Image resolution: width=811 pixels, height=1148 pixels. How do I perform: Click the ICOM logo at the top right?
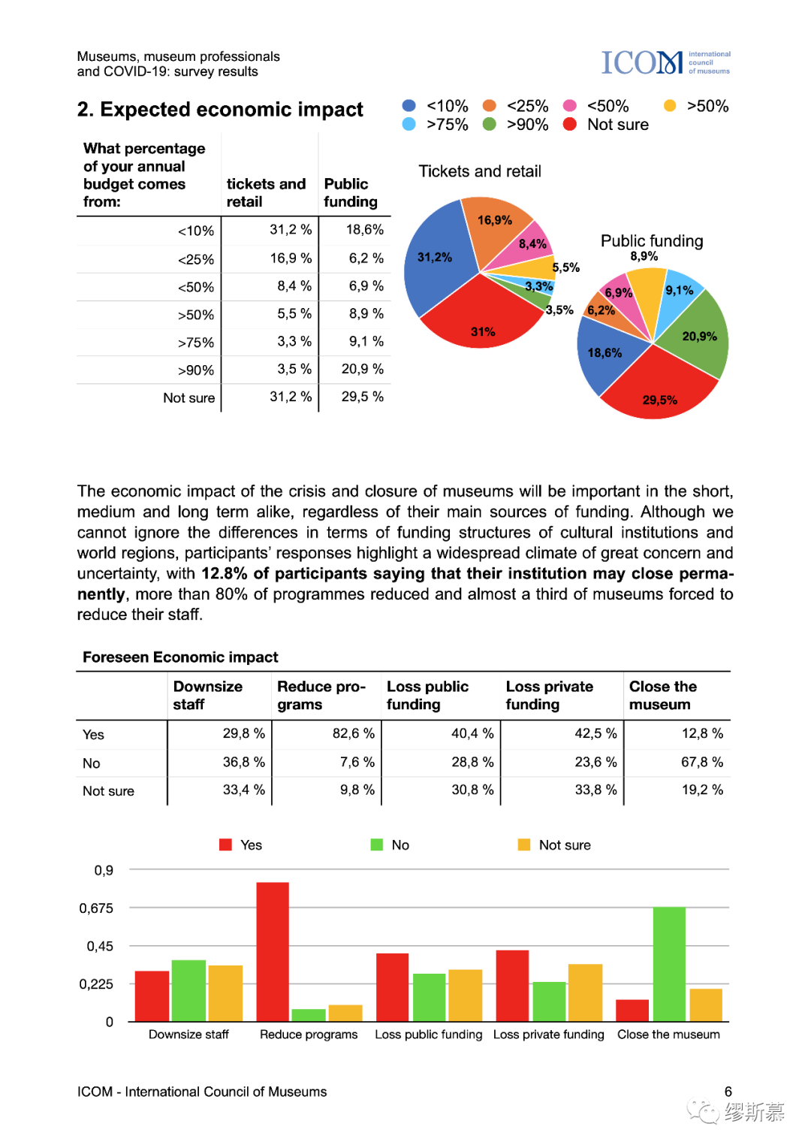pyautogui.click(x=665, y=62)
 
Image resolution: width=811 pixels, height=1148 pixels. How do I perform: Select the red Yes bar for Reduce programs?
pyautogui.click(x=272, y=951)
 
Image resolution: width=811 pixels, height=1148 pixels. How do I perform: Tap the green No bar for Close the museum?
pyautogui.click(x=669, y=964)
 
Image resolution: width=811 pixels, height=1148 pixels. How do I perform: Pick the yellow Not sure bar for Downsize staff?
pyautogui.click(x=225, y=992)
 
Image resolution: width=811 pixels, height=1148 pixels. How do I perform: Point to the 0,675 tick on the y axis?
pyautogui.click(x=97, y=908)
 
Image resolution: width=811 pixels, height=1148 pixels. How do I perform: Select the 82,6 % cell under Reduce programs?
pyautogui.click(x=353, y=733)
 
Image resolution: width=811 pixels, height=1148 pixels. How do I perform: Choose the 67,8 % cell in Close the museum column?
pyautogui.click(x=701, y=762)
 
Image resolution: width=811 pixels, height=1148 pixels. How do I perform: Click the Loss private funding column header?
pyautogui.click(x=549, y=695)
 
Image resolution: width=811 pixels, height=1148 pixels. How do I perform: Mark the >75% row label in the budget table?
pyautogui.click(x=196, y=343)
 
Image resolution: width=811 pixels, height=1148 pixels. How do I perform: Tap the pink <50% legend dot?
pyautogui.click(x=570, y=106)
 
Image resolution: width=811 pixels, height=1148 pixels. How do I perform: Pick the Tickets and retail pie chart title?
pyautogui.click(x=480, y=171)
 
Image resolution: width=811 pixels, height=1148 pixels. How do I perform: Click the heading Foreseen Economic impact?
pyautogui.click(x=180, y=657)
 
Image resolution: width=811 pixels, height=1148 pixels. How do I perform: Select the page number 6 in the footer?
pyautogui.click(x=728, y=1092)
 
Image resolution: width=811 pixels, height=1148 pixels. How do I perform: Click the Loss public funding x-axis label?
pyautogui.click(x=429, y=1035)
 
